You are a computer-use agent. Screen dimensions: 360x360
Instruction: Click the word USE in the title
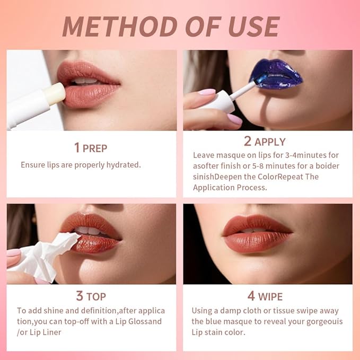(250, 27)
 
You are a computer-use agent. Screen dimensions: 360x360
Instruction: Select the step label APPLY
(270, 142)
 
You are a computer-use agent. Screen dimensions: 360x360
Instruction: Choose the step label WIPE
(270, 296)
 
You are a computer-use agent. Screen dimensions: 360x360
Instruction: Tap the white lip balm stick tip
(56, 94)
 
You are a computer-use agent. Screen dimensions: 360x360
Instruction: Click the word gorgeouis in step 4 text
(320, 321)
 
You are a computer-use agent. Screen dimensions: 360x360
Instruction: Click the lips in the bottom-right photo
(258, 234)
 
